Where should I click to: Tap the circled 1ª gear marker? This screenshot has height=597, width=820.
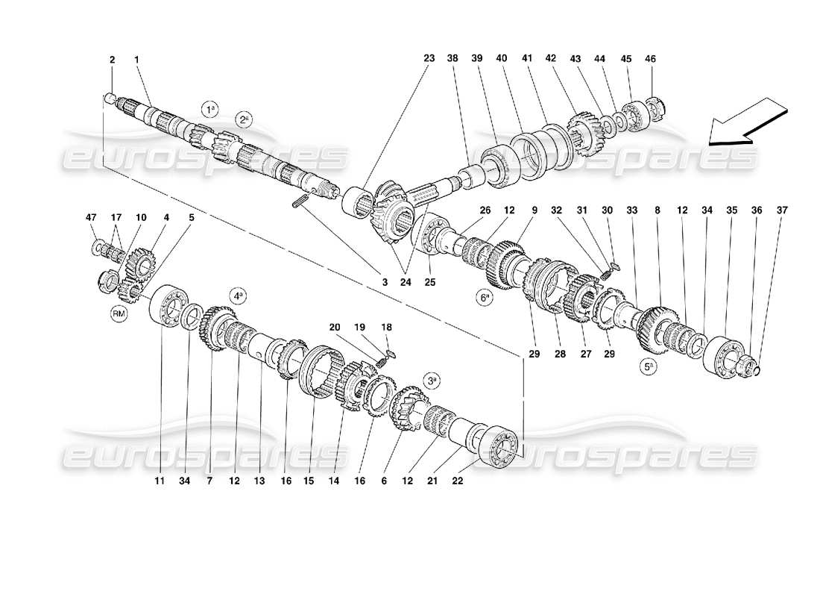pyautogui.click(x=212, y=109)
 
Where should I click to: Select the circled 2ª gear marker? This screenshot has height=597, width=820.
pyautogui.click(x=243, y=119)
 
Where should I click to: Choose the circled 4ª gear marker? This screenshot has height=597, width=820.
pyautogui.click(x=238, y=296)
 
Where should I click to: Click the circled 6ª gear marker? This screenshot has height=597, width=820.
pyautogui.click(x=485, y=297)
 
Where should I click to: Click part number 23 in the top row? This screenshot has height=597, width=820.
pyautogui.click(x=429, y=57)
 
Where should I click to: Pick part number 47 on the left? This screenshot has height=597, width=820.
pyautogui.click(x=91, y=217)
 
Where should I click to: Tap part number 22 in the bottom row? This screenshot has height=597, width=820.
pyautogui.click(x=458, y=481)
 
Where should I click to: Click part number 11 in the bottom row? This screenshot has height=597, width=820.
pyautogui.click(x=159, y=481)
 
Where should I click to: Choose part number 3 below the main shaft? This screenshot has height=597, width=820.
pyautogui.click(x=386, y=281)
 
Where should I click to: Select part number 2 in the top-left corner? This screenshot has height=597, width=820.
pyautogui.click(x=113, y=59)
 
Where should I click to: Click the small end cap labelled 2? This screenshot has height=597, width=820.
pyautogui.click(x=110, y=98)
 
